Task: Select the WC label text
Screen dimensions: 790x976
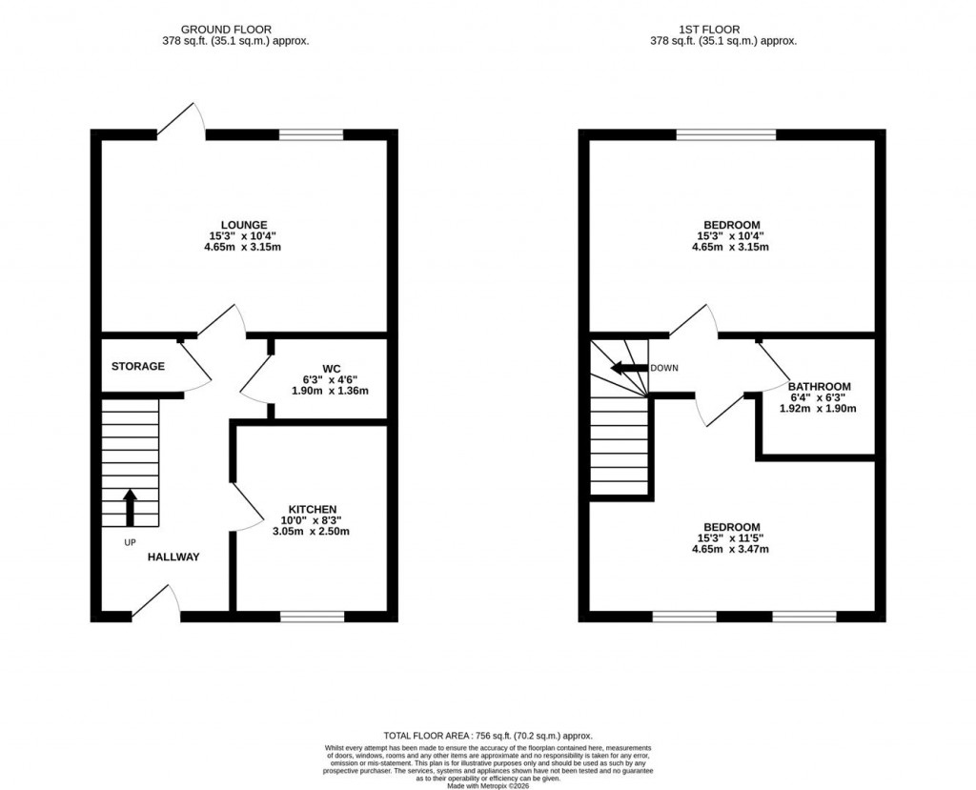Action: (x=331, y=368)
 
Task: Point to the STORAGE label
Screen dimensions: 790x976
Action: (x=138, y=366)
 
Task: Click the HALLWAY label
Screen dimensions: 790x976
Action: (x=173, y=557)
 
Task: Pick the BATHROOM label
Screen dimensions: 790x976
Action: (x=820, y=387)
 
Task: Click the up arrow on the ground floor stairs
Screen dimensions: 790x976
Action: (x=130, y=507)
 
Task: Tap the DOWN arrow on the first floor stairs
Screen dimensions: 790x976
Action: (x=628, y=369)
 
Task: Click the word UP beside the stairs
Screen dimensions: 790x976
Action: (x=130, y=542)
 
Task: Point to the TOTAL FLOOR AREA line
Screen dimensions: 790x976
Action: (x=488, y=736)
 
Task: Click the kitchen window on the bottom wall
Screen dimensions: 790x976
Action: (x=313, y=617)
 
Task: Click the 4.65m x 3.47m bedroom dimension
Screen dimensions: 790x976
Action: (x=731, y=549)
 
